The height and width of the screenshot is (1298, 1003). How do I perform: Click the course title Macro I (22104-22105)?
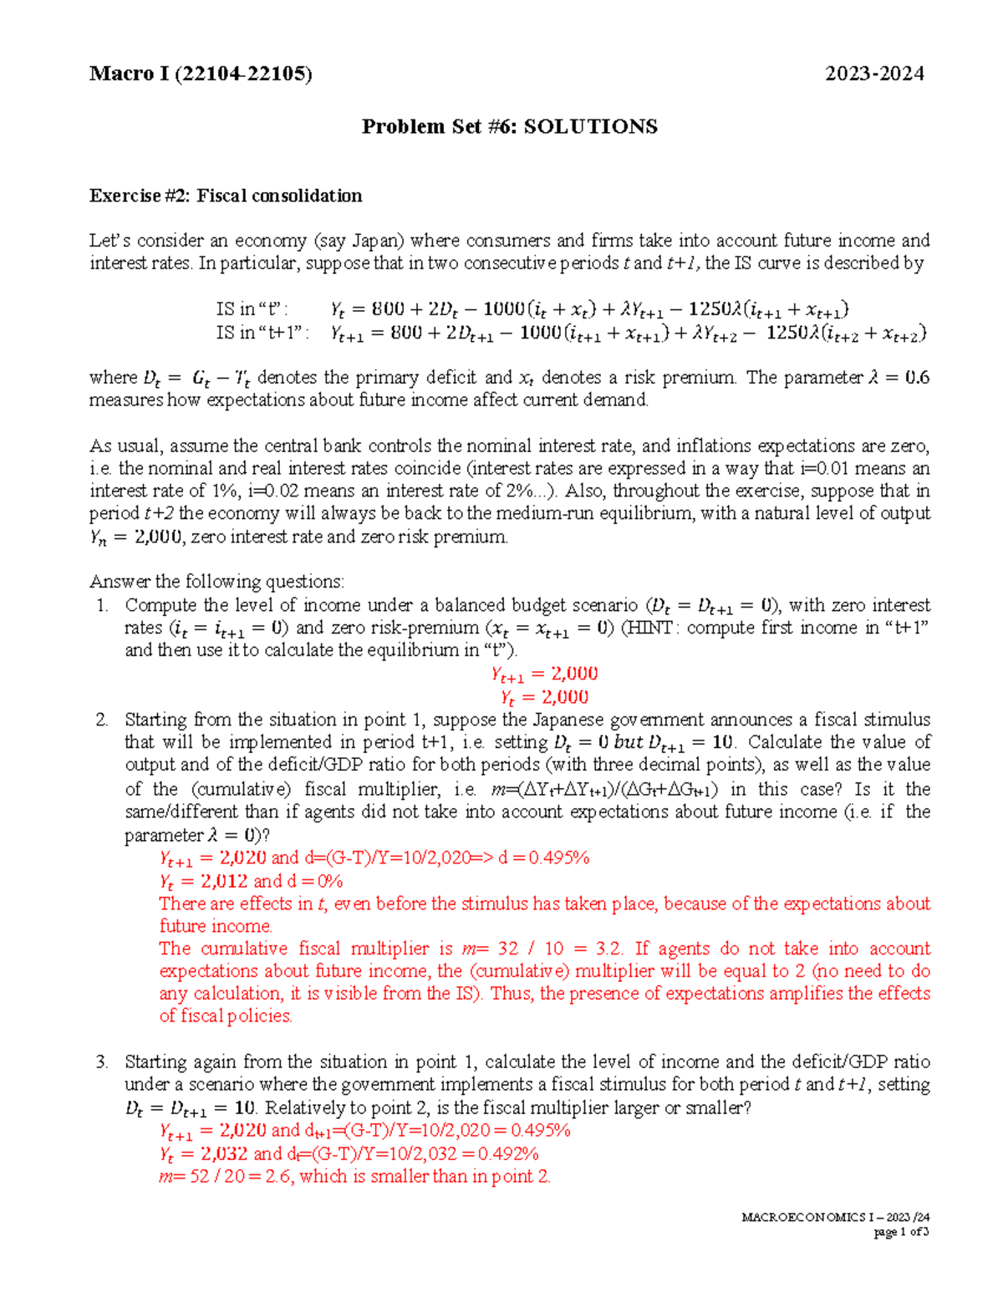201,74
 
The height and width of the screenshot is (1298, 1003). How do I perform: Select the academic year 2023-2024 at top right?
874,74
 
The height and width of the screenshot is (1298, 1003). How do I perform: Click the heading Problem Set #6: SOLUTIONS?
509,126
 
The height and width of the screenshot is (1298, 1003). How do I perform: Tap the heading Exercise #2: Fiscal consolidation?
226,196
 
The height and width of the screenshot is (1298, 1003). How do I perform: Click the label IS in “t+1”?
262,333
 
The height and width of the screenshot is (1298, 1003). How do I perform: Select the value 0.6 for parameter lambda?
917,378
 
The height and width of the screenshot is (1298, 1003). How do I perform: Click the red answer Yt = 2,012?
204,881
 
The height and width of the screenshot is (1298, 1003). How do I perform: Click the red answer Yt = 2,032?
204,1153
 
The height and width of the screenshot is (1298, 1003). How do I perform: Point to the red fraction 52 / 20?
207,1176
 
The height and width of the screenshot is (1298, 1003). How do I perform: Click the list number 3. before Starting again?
102,1062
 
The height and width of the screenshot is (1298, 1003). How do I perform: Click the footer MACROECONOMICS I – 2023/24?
835,1217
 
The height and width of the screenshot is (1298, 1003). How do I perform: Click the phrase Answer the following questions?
216,582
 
